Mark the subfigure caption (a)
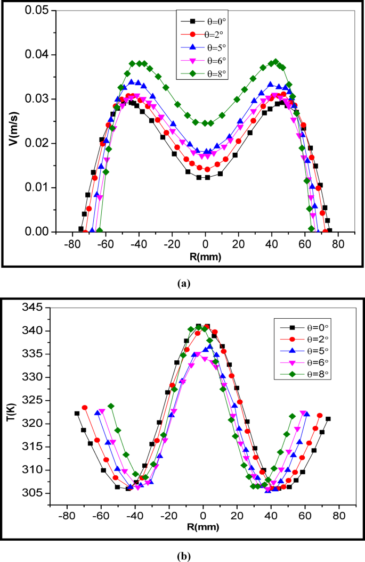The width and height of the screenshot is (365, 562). click(x=183, y=284)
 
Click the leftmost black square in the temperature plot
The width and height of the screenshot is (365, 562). click(x=77, y=414)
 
